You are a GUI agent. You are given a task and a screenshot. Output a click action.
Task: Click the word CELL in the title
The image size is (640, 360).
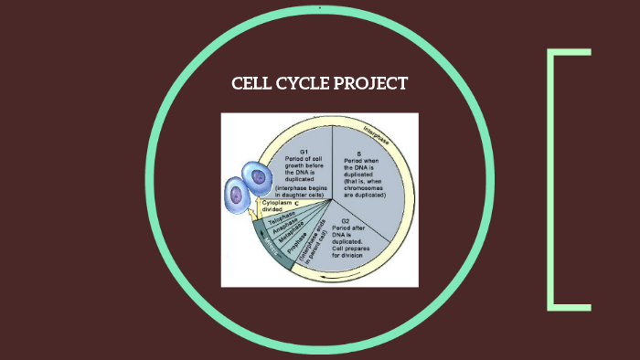click(252, 84)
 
